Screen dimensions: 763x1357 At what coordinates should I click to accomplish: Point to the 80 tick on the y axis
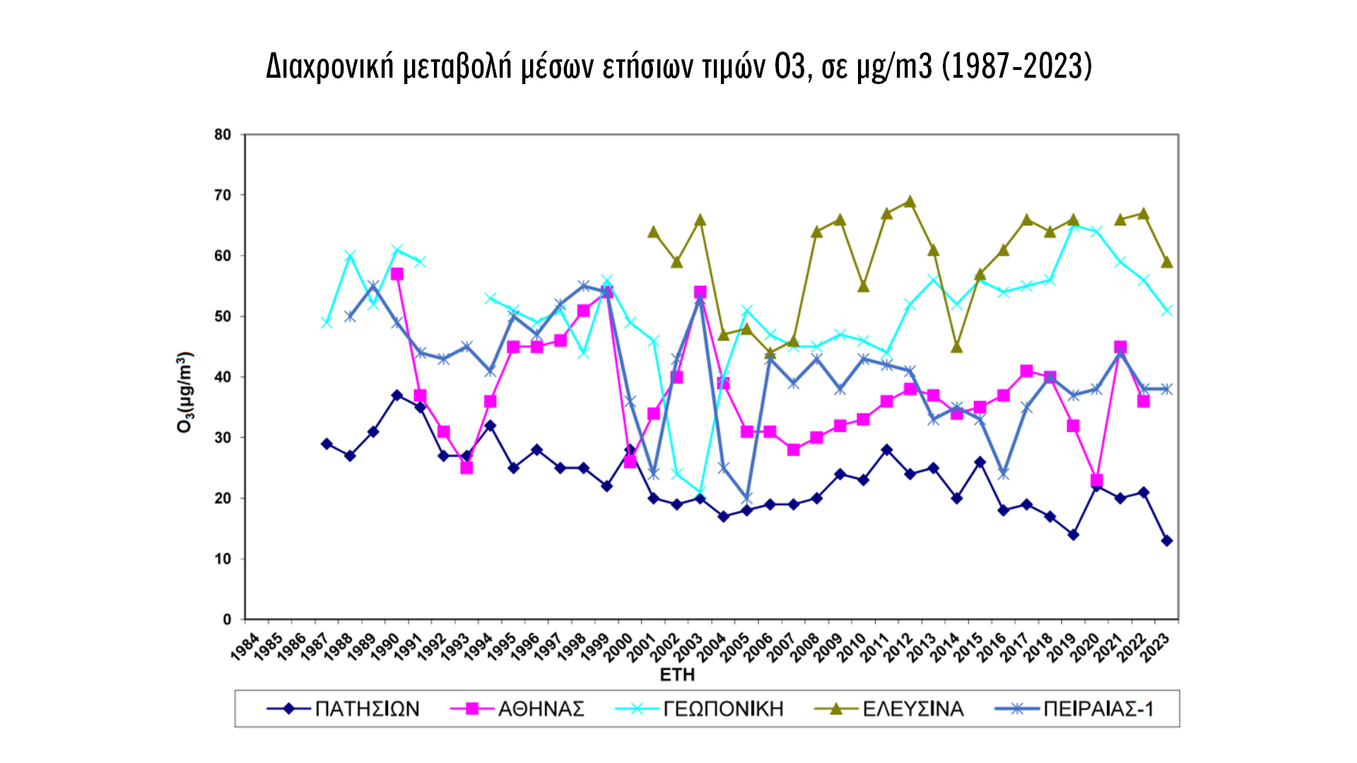point(223,134)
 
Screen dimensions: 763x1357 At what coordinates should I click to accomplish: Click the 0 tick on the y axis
point(227,620)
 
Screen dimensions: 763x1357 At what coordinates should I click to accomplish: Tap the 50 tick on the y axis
point(223,317)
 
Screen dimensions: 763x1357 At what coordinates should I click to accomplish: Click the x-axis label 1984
point(245,646)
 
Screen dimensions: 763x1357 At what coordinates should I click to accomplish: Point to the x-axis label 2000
point(618,646)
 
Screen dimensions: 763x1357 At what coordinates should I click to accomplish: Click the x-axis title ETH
point(677,675)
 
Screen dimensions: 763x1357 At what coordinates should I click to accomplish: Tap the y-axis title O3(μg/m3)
point(184,392)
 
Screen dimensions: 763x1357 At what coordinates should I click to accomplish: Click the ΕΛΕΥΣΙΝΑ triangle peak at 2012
point(910,202)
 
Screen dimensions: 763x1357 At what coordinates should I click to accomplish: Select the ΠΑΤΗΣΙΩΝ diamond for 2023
point(1167,540)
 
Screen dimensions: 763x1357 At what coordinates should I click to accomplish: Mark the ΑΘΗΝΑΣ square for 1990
point(397,274)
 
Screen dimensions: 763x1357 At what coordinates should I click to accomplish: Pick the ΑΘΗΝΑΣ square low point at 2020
point(1097,480)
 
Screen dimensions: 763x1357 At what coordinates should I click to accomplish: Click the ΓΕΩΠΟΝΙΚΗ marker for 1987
point(327,322)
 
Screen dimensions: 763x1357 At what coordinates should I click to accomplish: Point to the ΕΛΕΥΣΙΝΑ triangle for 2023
point(1167,262)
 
